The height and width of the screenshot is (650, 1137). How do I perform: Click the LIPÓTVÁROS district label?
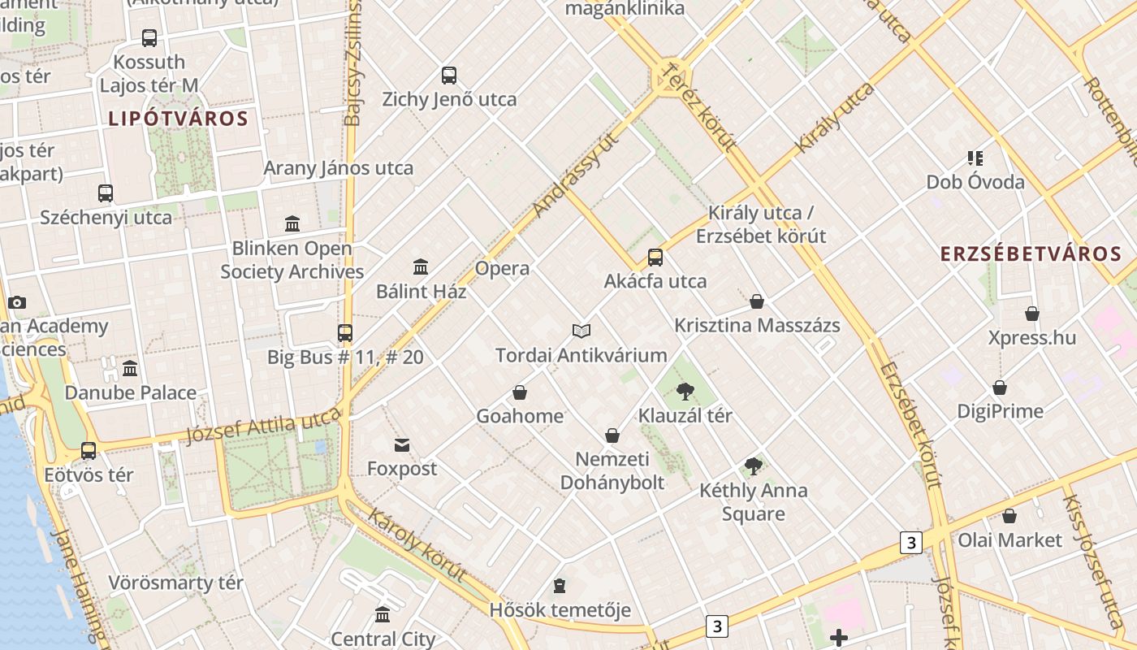coord(178,119)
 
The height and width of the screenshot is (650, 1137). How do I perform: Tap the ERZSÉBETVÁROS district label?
coord(1031,253)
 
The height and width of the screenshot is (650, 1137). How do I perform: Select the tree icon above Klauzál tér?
coord(685,392)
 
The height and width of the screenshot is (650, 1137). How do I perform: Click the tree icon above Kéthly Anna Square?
coord(754,466)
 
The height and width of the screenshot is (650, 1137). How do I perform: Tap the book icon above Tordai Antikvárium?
coord(581,331)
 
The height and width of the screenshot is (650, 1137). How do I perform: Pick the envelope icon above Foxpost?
coord(402,444)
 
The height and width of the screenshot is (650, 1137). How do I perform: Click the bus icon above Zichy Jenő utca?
coord(449,76)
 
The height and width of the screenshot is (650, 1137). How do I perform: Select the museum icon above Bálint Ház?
coord(421,266)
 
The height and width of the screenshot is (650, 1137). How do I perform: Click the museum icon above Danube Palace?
coord(130,369)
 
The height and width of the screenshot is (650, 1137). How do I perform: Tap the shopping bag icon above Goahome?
coord(520,392)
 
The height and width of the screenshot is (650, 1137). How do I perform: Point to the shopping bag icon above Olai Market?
coord(1009,516)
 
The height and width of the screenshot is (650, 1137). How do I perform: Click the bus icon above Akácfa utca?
coord(655,258)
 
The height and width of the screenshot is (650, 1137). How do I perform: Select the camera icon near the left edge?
coord(17,302)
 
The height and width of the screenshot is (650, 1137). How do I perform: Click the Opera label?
coord(502,268)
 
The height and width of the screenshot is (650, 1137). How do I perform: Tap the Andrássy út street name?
coord(577,175)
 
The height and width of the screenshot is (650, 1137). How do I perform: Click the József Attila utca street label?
coord(263,426)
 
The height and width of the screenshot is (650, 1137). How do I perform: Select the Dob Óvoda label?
coord(975,182)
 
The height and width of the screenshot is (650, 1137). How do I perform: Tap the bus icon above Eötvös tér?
coord(89,450)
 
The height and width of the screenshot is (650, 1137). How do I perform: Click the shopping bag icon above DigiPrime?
coord(1000,388)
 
